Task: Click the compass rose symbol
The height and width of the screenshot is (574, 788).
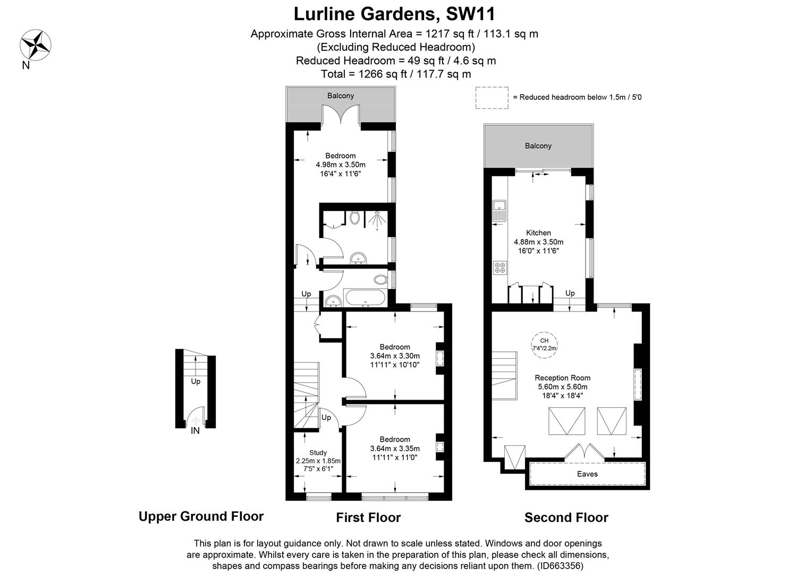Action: (x=36, y=44)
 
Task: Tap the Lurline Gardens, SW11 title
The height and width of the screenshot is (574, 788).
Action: (x=394, y=13)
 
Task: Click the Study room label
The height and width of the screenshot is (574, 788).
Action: (x=318, y=453)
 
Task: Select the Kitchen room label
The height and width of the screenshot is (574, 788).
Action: (x=538, y=233)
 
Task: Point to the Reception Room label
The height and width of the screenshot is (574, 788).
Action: (x=562, y=378)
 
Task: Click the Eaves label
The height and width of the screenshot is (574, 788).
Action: (x=587, y=474)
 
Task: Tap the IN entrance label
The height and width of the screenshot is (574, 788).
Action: (x=195, y=431)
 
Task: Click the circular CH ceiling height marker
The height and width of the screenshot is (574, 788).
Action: (x=544, y=344)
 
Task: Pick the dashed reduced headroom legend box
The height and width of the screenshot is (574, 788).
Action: (x=492, y=98)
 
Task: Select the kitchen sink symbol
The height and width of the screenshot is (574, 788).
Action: (x=499, y=210)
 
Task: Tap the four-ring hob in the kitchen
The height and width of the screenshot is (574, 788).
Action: (x=499, y=267)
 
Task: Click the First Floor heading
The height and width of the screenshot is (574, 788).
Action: (x=368, y=517)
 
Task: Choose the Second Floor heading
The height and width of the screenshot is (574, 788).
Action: (x=566, y=517)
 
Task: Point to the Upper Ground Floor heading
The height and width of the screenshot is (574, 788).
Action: (x=201, y=516)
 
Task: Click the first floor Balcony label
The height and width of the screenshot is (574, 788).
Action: (x=340, y=96)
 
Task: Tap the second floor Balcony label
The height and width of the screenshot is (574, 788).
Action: (x=538, y=146)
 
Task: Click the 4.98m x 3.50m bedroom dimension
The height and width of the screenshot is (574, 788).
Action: (x=340, y=165)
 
